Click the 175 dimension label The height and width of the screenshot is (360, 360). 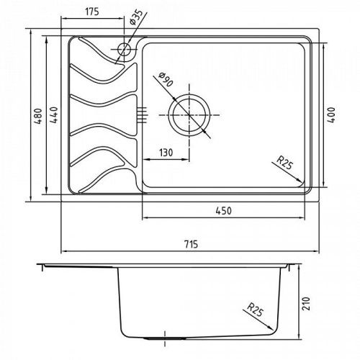[92, 12]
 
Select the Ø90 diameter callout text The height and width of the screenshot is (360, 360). [166, 79]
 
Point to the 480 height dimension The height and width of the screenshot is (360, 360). [38, 116]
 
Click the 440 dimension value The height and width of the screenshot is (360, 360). [54, 115]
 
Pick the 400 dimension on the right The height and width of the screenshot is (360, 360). [331, 115]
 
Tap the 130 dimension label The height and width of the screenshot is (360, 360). [166, 153]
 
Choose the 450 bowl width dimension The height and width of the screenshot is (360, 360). [223, 211]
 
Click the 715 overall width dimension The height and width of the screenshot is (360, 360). [191, 244]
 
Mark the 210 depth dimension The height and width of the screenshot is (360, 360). [306, 304]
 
